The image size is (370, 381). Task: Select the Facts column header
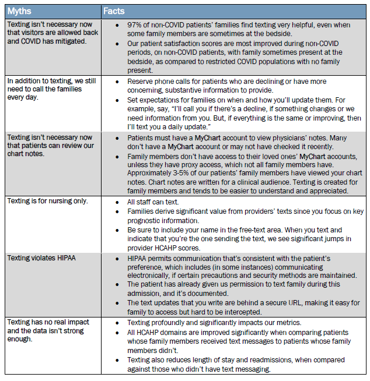(114, 11)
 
